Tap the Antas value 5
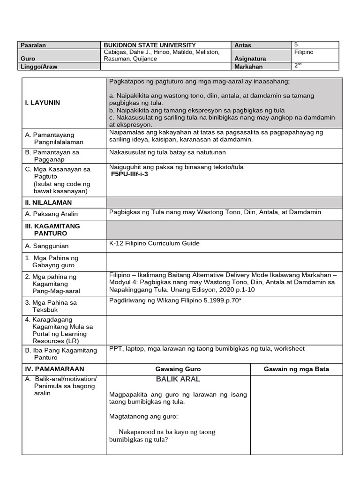tap(297, 45)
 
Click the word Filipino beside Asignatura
tap(304, 52)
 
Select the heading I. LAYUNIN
tap(43, 103)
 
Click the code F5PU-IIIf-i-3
tap(129, 174)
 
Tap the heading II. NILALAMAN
tap(48, 202)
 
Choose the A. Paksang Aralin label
tap(52, 214)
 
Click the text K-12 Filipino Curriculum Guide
tap(154, 243)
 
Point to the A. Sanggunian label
tap(47, 246)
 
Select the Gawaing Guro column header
tap(178, 369)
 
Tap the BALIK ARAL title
tap(178, 379)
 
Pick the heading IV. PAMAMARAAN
tap(54, 369)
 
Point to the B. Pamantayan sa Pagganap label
tap(52, 156)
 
